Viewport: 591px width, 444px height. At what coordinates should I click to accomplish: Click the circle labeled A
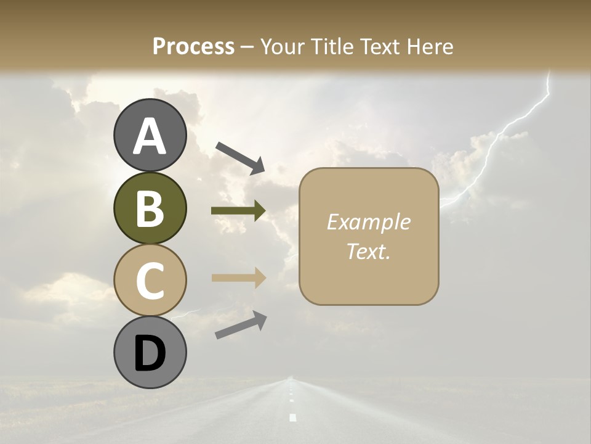(x=150, y=136)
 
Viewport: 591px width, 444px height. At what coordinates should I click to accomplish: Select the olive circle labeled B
(x=150, y=208)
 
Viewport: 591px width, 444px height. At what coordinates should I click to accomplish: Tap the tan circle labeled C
(x=150, y=280)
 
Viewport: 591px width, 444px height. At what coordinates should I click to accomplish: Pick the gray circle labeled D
(x=150, y=352)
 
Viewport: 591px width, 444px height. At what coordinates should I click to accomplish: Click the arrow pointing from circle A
(x=240, y=157)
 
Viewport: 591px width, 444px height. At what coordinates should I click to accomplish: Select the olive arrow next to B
(x=238, y=211)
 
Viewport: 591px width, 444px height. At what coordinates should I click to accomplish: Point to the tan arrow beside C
(x=238, y=277)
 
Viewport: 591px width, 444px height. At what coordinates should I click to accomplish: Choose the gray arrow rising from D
(x=241, y=325)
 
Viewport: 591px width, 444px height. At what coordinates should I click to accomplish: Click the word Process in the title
(x=193, y=46)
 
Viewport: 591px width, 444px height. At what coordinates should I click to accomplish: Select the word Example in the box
(x=368, y=222)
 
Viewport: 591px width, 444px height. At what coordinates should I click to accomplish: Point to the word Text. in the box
(x=368, y=251)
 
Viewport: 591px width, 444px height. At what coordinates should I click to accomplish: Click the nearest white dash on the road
(x=292, y=417)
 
